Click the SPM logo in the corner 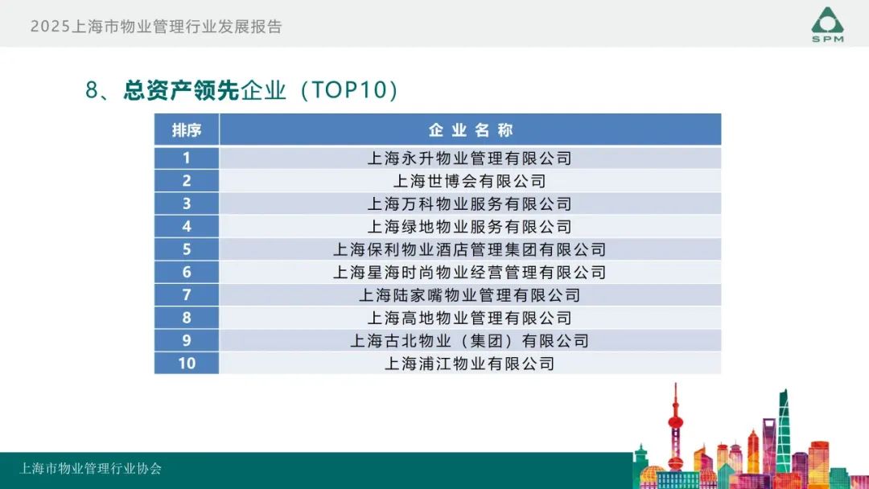827,24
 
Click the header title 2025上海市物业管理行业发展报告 156,27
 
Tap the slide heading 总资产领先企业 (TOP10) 241,90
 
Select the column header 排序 187,130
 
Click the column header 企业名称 471,130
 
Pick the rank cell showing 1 187,158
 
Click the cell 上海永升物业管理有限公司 471,158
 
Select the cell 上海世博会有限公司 471,181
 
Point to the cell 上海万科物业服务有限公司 471,203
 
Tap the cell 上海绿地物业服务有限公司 471,227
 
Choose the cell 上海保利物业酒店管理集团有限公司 471,249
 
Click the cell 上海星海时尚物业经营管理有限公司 471,272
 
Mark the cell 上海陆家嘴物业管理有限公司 471,295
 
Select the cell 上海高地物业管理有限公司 471,318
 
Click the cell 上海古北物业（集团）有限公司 471,340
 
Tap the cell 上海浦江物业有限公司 471,364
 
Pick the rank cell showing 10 187,364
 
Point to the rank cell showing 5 187,249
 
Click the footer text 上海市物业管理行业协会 90,469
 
